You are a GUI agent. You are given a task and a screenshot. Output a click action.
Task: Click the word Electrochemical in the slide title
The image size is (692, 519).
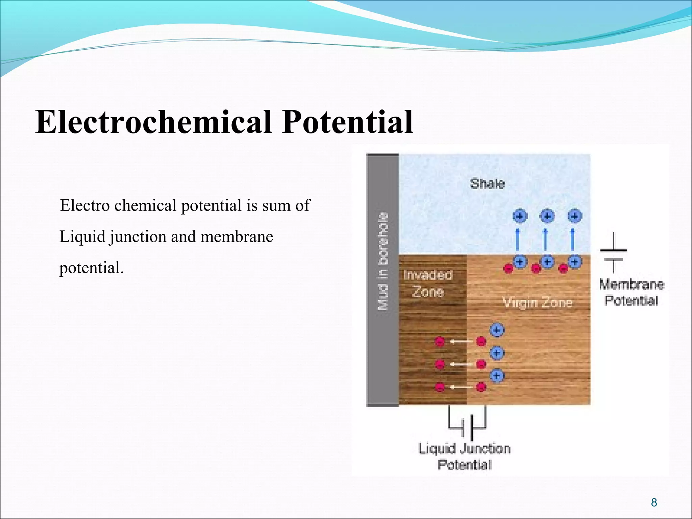(154, 122)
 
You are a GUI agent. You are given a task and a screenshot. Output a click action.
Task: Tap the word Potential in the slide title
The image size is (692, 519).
(348, 122)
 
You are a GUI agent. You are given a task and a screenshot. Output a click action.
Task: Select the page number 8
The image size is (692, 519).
(654, 502)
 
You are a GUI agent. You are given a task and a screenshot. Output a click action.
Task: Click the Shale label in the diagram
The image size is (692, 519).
(487, 184)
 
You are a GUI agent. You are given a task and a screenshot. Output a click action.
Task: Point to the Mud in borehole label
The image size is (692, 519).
(383, 261)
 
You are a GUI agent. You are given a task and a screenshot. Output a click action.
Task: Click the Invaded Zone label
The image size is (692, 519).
(428, 283)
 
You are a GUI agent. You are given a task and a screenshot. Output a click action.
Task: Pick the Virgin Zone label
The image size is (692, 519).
(537, 302)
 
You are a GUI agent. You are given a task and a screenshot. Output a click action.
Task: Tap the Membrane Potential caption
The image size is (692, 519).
(631, 292)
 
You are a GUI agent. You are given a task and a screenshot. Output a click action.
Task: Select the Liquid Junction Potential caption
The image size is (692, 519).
(465, 456)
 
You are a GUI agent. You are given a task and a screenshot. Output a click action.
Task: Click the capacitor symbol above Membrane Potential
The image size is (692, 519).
(613, 254)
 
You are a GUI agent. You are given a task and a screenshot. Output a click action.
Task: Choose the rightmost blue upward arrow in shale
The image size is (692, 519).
(572, 239)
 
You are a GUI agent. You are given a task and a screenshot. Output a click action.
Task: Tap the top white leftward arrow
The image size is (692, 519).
(461, 342)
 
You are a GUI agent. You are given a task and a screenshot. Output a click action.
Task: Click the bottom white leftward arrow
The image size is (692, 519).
(461, 387)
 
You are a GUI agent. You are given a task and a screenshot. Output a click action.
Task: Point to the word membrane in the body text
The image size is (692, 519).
(237, 237)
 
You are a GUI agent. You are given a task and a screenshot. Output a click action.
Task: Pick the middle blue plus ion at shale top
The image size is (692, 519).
(547, 216)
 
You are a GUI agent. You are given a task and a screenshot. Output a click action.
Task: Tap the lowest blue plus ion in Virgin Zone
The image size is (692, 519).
(497, 376)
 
